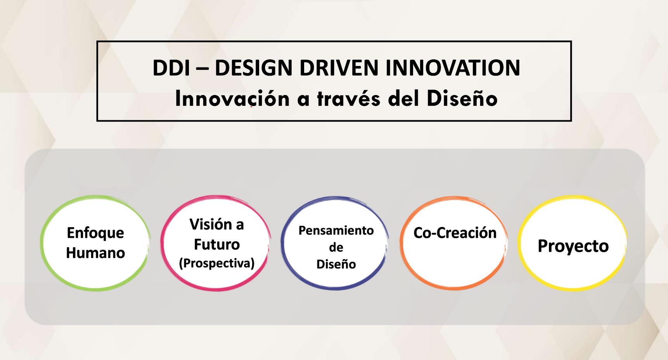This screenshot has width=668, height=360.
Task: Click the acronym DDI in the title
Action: pyautogui.click(x=171, y=68)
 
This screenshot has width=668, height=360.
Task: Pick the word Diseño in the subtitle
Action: pyautogui.click(x=462, y=99)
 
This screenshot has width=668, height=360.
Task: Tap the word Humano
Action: pyautogui.click(x=95, y=253)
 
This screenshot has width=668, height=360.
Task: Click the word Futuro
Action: pyautogui.click(x=217, y=244)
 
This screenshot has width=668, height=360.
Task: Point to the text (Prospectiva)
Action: pyautogui.click(x=217, y=263)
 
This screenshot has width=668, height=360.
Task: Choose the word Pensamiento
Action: pyautogui.click(x=336, y=230)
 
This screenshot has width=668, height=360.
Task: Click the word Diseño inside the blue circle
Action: pyautogui.click(x=336, y=264)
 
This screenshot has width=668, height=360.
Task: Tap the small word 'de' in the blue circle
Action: pyautogui.click(x=336, y=247)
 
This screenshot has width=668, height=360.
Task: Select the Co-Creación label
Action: pyautogui.click(x=455, y=233)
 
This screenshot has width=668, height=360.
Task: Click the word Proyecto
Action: pyautogui.click(x=573, y=246)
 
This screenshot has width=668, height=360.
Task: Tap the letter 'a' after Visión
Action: pyautogui.click(x=240, y=225)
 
